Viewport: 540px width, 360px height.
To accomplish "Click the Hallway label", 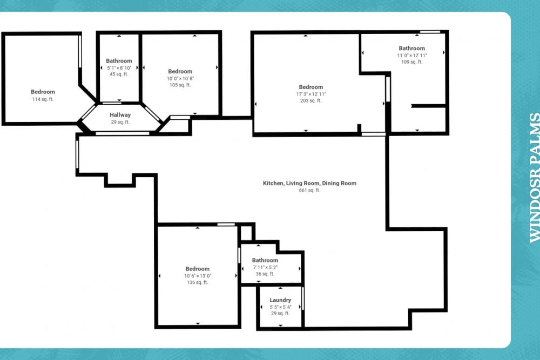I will (120, 115).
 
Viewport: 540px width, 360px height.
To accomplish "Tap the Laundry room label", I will (280, 300).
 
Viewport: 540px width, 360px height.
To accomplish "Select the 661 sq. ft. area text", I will (309, 190).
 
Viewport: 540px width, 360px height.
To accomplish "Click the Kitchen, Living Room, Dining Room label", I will (309, 184).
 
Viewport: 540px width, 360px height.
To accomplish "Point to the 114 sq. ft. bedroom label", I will (43, 92).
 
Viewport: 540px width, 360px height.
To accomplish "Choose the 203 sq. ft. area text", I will (311, 100).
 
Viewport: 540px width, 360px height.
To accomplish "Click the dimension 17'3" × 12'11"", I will (311, 94).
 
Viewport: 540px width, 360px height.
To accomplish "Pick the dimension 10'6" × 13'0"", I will (198, 276).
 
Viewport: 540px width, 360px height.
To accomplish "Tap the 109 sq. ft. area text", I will (412, 62).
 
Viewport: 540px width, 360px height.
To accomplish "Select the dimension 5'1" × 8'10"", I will (119, 67).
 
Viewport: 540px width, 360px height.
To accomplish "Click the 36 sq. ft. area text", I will (265, 274).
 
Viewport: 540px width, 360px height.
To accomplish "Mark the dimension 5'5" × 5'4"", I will (280, 307).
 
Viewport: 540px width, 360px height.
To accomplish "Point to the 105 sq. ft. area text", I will (180, 85).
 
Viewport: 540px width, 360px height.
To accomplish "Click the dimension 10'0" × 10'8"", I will (180, 78).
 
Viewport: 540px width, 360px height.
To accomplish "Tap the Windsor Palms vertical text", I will (534, 177).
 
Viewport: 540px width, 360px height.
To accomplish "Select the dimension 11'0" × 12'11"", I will (412, 56).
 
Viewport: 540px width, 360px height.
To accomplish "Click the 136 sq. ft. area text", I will (198, 282).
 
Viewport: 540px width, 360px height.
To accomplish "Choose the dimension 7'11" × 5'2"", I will (265, 267).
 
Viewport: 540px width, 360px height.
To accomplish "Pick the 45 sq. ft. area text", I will (119, 74).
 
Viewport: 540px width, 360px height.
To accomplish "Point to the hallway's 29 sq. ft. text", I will (120, 122).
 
